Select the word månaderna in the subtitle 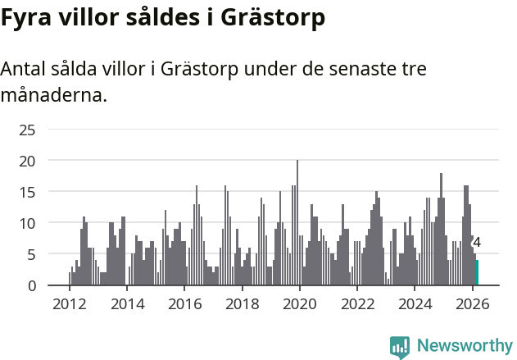[53, 96]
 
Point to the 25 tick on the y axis [27, 130]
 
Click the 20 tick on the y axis [27, 161]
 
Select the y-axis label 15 [27, 192]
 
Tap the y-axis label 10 [27, 223]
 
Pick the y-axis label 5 [31, 254]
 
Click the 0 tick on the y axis [31, 285]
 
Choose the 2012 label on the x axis [69, 303]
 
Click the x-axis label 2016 [184, 303]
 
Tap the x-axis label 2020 [299, 303]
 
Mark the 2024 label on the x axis [415, 303]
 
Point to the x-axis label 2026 [472, 303]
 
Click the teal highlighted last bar [477, 273]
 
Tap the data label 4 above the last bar [477, 243]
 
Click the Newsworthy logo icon [400, 347]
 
